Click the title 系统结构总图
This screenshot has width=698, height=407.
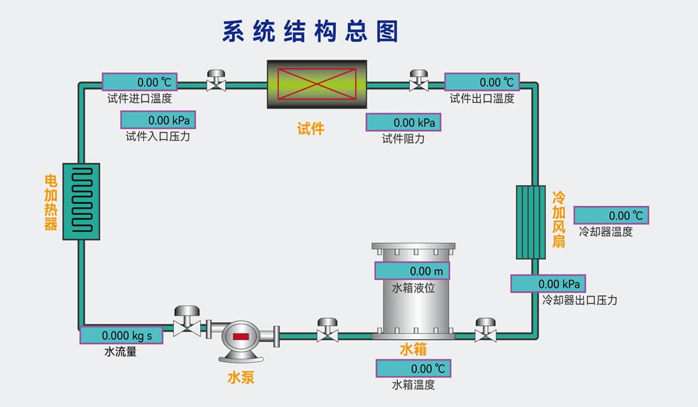(x=310, y=31)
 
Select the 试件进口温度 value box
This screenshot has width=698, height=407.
(x=140, y=82)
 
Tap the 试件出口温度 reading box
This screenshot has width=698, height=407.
(x=482, y=82)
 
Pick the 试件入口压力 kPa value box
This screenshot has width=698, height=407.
(x=158, y=120)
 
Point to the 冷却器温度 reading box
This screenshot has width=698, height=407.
(x=611, y=216)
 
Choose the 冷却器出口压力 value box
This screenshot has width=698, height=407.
(x=549, y=284)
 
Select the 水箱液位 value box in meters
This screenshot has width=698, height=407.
(x=412, y=271)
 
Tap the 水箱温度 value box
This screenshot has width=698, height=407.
(x=414, y=369)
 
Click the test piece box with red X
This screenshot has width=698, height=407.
(x=317, y=84)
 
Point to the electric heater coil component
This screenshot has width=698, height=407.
(x=81, y=201)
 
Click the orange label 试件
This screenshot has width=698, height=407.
(x=311, y=128)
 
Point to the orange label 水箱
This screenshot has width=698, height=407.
(x=413, y=349)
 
